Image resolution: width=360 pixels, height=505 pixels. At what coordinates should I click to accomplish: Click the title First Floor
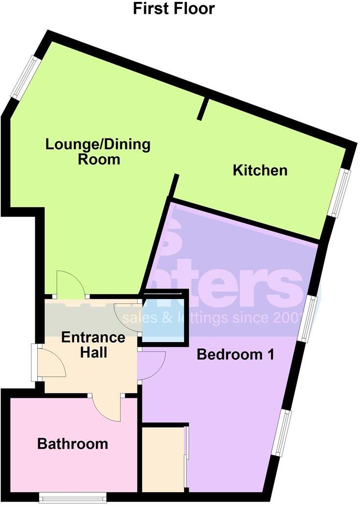[174, 8]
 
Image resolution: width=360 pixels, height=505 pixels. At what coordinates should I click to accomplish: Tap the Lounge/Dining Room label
[98, 152]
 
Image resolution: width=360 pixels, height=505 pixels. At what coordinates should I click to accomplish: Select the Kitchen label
[260, 170]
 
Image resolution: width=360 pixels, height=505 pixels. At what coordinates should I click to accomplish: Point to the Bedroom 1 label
[235, 354]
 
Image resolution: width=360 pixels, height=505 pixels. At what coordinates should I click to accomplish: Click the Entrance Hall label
[93, 344]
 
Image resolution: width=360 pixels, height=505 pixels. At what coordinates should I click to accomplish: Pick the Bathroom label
[73, 444]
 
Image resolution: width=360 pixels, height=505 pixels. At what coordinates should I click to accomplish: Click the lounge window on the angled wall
[25, 77]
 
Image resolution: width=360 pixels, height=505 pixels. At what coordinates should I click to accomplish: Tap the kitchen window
[339, 193]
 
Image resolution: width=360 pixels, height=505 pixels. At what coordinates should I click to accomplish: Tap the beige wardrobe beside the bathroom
[162, 458]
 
